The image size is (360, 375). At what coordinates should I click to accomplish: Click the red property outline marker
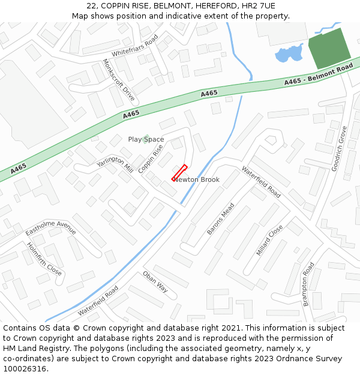point(180,172)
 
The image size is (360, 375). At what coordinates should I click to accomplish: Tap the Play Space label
point(146,139)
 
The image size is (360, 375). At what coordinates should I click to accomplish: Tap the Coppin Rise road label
point(151,158)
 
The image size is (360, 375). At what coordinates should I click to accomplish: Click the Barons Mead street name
point(220,218)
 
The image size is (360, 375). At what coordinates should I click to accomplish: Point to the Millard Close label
point(269,240)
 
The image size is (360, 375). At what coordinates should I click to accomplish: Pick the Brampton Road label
point(308,284)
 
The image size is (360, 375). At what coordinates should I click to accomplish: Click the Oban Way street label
point(155,281)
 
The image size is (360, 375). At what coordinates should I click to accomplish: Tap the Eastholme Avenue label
point(50,230)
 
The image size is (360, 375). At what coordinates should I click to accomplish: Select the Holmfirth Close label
point(44,259)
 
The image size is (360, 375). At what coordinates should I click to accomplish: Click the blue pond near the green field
point(289,55)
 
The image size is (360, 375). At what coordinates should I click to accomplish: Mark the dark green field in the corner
point(329,47)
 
